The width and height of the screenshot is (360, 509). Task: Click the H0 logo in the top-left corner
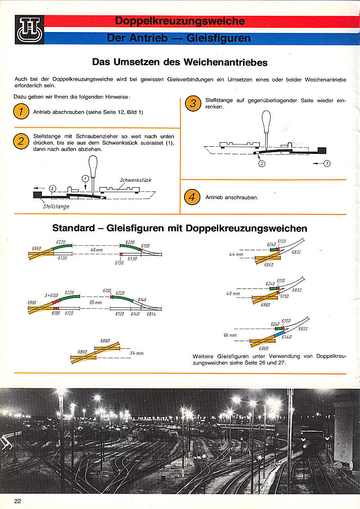pos(29,30)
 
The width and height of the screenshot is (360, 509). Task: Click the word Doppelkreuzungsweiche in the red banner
pos(180,21)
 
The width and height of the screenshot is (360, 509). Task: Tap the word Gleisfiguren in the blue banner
pos(218,38)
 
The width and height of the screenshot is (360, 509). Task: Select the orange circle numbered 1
pos(21,112)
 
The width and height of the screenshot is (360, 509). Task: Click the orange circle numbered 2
pos(21,141)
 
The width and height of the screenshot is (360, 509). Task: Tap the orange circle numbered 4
pos(193,197)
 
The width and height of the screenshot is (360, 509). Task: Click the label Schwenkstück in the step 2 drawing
pos(135,180)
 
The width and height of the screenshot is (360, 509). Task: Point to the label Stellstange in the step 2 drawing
pos(56,207)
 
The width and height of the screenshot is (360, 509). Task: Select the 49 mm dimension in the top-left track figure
pos(96,250)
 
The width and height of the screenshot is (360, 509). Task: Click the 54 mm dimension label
pos(136,353)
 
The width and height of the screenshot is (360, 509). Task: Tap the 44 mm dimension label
pos(236,254)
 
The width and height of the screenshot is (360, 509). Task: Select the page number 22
pos(18,501)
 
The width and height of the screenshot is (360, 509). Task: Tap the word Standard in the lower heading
pos(74,228)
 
